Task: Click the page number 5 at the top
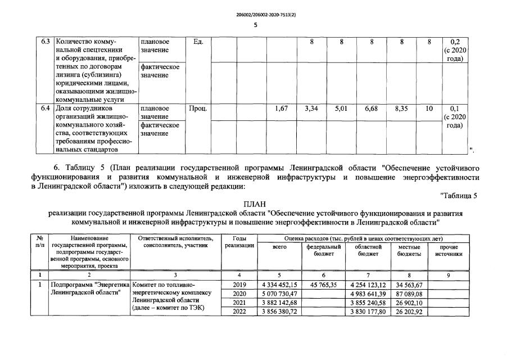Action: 255,25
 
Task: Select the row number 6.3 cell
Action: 46,42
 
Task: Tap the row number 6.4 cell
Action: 46,108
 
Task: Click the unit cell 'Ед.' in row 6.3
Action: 197,42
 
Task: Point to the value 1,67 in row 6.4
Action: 281,108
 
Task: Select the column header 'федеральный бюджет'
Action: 323,250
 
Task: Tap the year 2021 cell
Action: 239,303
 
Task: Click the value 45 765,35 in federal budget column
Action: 323,285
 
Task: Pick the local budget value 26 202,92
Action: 409,312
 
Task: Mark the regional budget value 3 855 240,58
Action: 366,303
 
